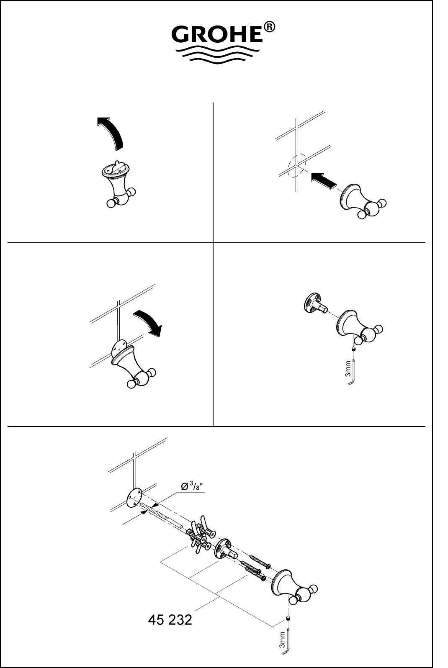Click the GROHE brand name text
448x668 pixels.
click(217, 35)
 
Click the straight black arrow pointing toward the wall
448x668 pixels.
click(324, 180)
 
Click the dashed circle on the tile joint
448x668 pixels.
click(297, 165)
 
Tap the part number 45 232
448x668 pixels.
click(170, 620)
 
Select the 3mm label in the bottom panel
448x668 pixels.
click(282, 640)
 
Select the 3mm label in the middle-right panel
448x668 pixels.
click(348, 369)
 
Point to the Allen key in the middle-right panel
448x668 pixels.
click(353, 373)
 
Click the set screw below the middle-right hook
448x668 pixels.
click(353, 349)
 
